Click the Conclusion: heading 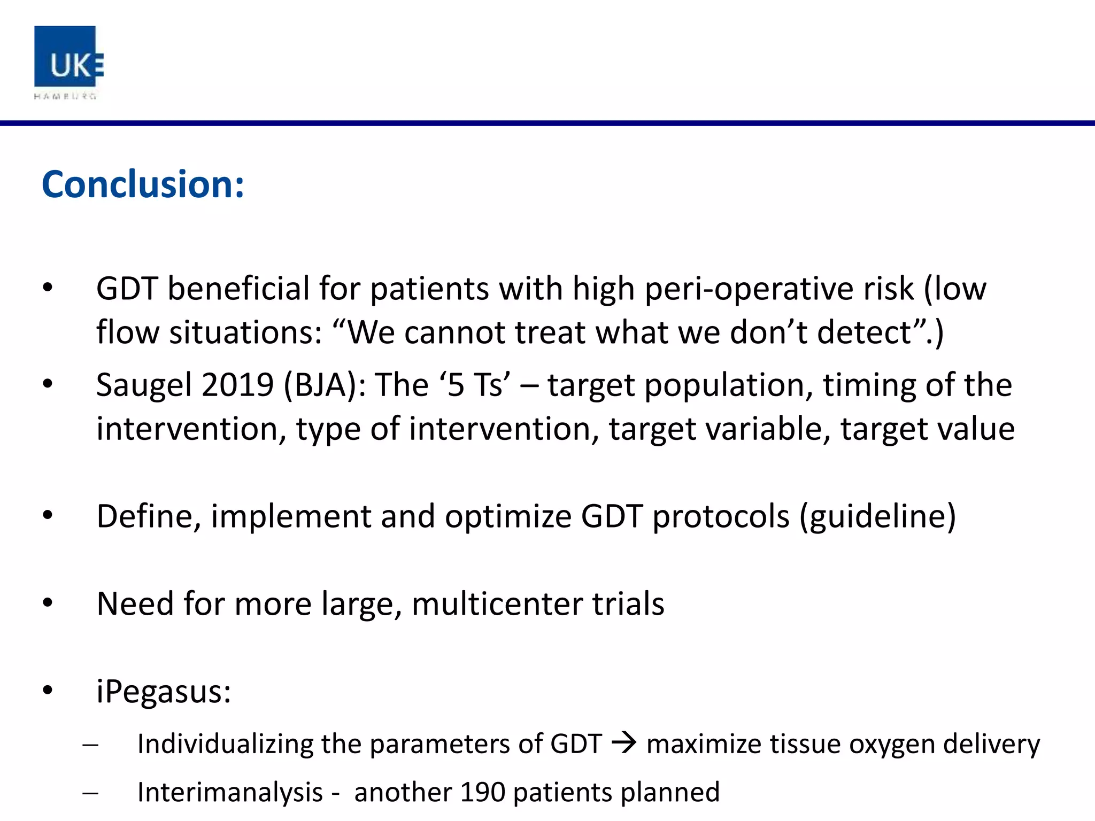pos(143,184)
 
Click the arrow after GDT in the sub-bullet pos(624,743)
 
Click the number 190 pos(482,792)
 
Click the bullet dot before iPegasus pos(48,691)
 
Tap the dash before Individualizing pos(90,745)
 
